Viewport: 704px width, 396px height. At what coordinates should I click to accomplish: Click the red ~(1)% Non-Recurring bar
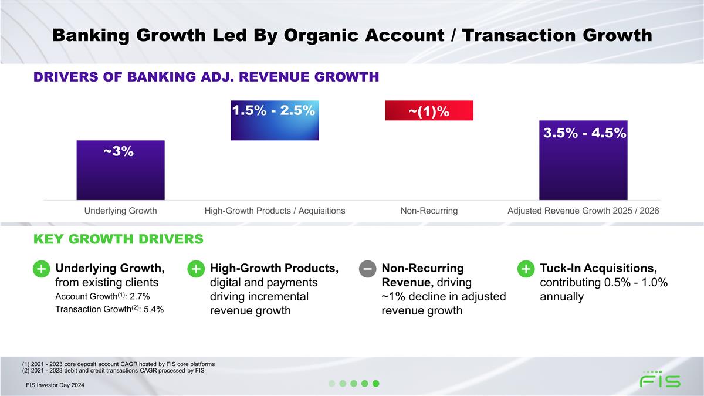[429, 110]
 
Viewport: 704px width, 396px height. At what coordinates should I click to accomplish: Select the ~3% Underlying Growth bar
[121, 170]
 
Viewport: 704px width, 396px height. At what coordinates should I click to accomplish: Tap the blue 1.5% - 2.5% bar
[275, 120]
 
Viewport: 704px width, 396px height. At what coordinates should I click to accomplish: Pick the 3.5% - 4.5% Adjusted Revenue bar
[583, 160]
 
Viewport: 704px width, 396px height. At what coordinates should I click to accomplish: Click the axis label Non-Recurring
[429, 211]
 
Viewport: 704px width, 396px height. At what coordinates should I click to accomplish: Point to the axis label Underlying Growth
[121, 211]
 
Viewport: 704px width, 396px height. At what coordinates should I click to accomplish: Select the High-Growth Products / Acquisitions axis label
[275, 211]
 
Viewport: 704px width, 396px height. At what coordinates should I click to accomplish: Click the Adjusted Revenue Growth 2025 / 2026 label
[583, 211]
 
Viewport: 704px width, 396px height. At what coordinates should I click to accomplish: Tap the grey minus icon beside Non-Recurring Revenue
[367, 269]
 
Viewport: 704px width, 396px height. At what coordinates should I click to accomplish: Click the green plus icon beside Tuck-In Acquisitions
[526, 269]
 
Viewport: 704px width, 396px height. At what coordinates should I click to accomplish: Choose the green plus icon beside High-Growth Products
[196, 269]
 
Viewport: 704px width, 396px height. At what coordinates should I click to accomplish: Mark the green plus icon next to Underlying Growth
[41, 269]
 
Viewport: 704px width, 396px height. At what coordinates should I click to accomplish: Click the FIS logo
[660, 379]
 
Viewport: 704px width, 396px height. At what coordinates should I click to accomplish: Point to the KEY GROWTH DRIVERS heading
[118, 239]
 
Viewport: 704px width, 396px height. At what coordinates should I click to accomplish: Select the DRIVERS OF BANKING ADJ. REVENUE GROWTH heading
[206, 77]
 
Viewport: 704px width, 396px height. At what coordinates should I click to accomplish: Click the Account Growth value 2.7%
[140, 296]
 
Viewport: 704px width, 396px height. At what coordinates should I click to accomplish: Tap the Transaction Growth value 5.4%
[154, 309]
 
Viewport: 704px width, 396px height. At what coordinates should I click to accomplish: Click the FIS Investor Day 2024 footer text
[55, 385]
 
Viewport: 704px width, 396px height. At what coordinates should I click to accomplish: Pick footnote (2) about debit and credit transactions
[113, 371]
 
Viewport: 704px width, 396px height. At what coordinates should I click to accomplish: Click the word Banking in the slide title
[91, 35]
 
